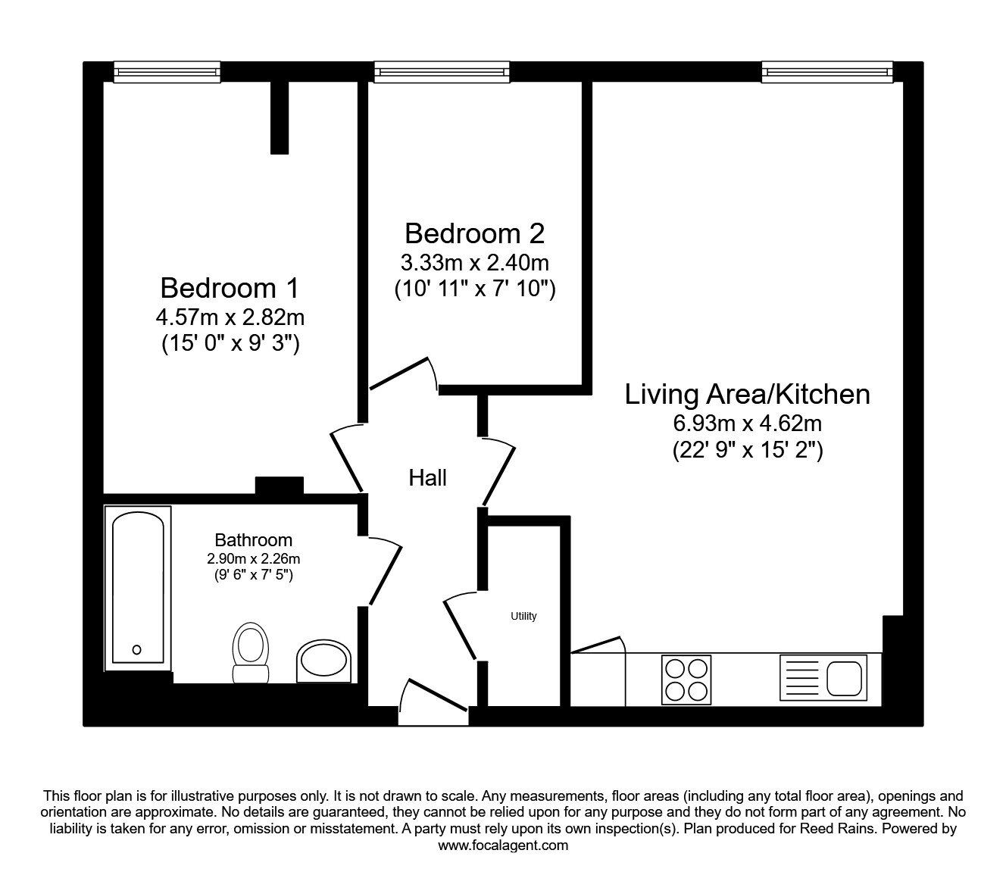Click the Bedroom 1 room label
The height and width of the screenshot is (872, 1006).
pos(230,288)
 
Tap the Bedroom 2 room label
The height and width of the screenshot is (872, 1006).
pos(474,233)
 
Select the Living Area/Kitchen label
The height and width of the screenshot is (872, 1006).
pos(747,395)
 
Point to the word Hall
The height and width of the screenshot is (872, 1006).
pos(427,478)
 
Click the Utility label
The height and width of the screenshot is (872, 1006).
pos(523,617)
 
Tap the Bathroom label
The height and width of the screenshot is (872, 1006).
pos(254,540)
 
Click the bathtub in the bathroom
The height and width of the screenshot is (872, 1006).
pos(138,588)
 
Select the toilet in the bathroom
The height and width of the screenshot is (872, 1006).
pos(251,652)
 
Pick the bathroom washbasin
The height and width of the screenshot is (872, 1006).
pos(323,661)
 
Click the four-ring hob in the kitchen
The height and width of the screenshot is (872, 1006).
pos(686,680)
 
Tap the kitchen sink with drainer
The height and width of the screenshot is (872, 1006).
pos(823,678)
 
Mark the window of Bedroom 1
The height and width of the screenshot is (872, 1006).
pos(167,72)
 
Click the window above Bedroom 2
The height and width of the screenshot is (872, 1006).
pos(442,72)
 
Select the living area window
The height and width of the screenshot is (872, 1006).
pos(827,72)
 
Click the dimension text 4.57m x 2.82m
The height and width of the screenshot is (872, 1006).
pos(230,318)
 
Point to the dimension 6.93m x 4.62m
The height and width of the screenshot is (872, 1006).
pos(748,423)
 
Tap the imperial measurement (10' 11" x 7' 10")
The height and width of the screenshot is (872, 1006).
pos(474,289)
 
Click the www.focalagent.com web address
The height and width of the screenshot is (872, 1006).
pos(503,845)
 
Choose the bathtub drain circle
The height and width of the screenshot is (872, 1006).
pos(137,649)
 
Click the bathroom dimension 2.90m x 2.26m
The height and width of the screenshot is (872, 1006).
pos(254,558)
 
